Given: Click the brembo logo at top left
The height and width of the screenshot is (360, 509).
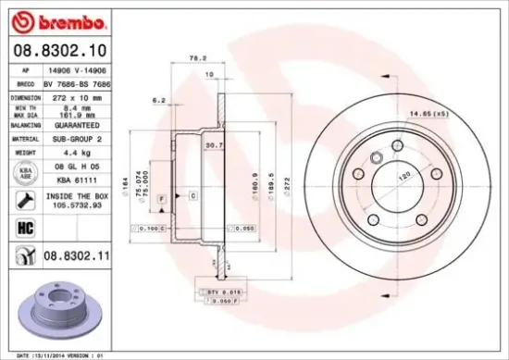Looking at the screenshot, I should click(x=47, y=19).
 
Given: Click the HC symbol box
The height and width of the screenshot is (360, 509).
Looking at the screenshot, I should click(x=21, y=225).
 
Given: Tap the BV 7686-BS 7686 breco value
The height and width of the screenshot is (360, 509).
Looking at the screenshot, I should click(x=82, y=83).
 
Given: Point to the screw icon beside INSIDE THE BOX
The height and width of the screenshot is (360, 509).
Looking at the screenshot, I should click(x=20, y=198).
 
